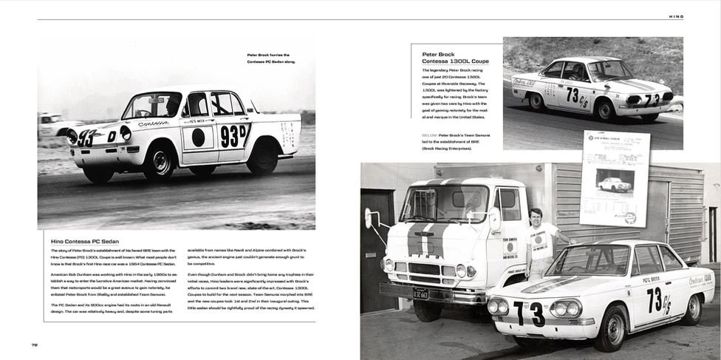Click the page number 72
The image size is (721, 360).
35,344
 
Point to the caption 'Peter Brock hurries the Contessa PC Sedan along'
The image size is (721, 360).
268,58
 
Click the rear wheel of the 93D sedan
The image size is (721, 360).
262,157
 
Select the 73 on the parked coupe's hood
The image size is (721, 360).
530,313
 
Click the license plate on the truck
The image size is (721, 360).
420,293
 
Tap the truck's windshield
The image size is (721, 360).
443,204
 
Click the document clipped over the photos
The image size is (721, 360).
615,178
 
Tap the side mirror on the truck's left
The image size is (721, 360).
368,217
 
